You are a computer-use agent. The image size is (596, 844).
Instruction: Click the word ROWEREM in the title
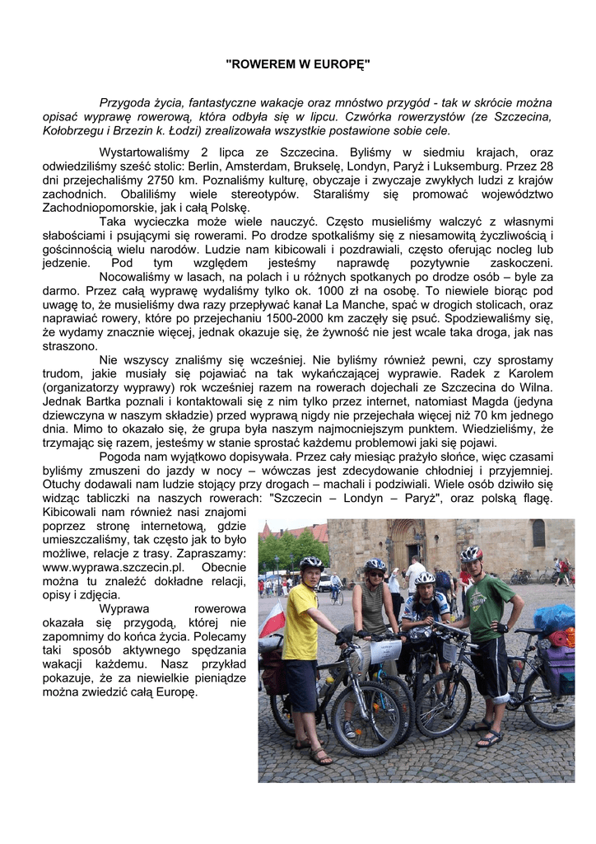[x=262, y=63]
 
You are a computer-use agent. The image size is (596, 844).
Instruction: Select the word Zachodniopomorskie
[x=95, y=208]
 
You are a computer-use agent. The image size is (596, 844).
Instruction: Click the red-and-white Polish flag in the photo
[x=272, y=619]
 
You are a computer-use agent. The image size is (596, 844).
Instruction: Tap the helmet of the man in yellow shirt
[x=310, y=563]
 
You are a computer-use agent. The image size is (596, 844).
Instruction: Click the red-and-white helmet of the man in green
[x=471, y=554]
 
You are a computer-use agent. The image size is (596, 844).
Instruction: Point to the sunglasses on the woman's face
[x=375, y=573]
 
